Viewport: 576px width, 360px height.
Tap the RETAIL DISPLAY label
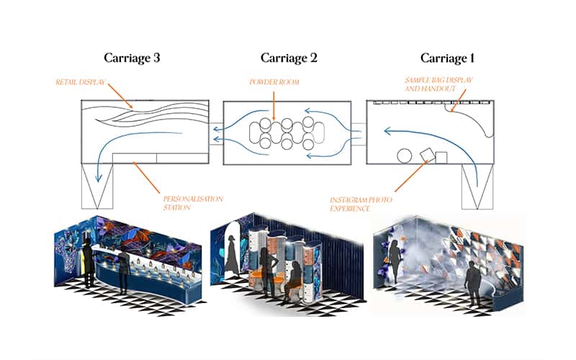pos(79,83)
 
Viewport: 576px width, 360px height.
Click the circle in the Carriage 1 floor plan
pos(405,156)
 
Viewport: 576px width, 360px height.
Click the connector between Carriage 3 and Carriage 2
pos(216,134)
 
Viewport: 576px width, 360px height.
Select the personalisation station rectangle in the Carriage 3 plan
pos(157,158)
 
